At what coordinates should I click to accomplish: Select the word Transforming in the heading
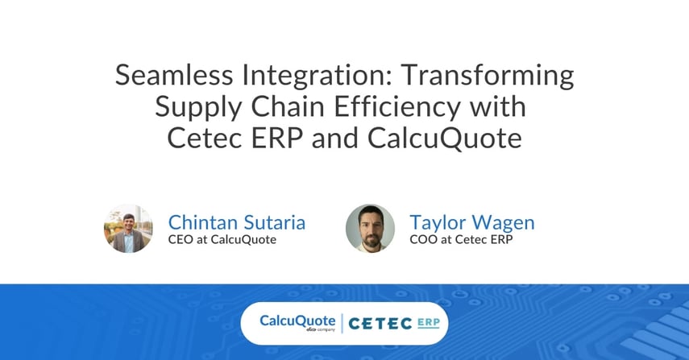pos(488,76)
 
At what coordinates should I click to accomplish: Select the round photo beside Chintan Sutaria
pos(128,229)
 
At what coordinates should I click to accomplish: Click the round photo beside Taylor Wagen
pos(370,229)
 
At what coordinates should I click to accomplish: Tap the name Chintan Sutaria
pos(236,222)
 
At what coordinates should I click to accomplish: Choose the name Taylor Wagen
pos(471,222)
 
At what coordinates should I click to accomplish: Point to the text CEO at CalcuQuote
pos(222,240)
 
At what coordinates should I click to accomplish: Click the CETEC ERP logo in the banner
pos(394,323)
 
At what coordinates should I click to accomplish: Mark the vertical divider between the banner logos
pos(342,323)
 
